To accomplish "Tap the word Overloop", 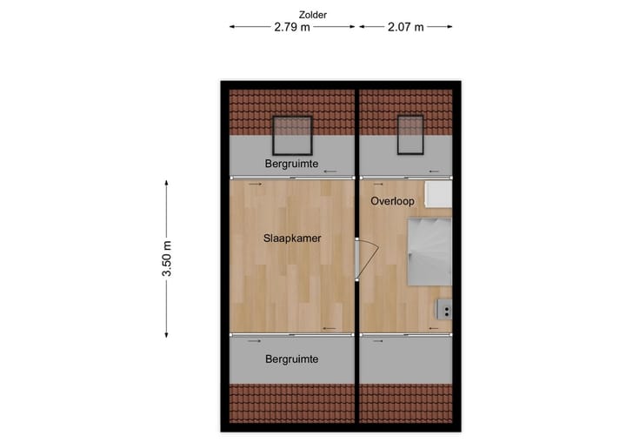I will coord(392,201).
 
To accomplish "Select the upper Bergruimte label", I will coord(291,164).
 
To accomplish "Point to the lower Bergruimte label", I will coord(291,359).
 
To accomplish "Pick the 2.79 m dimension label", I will coord(292,27).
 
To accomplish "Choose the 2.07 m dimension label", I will coord(406,27).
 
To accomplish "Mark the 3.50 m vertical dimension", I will coord(167,259).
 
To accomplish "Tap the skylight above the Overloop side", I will coord(410,133).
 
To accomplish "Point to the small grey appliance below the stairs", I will coord(444,308).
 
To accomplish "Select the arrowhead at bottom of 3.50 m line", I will coord(167,334).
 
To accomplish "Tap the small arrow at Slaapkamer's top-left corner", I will coord(253,185).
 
